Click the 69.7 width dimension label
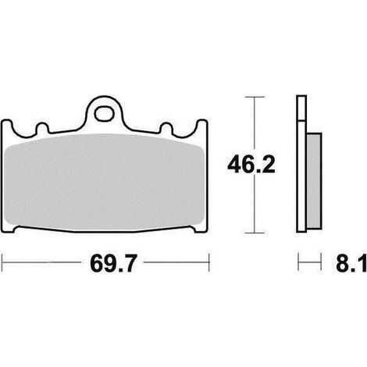113,263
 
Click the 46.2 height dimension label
251,165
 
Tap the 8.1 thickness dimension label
351,263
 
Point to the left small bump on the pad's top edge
42,127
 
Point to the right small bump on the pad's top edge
166,127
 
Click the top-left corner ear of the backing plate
7,124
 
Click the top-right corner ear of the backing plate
202,124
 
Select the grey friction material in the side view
314,181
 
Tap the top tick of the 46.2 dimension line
255,97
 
